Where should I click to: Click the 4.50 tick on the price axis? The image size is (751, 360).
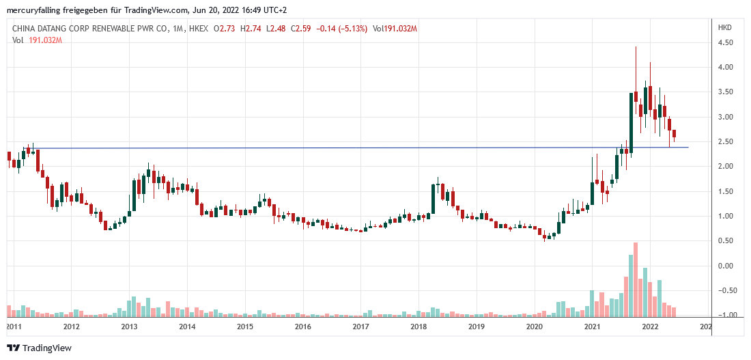(x=725, y=42)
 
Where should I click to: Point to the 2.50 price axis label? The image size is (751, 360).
(x=725, y=141)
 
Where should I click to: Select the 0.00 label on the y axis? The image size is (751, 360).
(x=725, y=266)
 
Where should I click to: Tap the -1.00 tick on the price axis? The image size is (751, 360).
(x=725, y=315)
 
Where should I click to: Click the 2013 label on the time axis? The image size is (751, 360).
(x=129, y=327)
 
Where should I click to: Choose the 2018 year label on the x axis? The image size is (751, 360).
(x=419, y=327)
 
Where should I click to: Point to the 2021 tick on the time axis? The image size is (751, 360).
(x=592, y=327)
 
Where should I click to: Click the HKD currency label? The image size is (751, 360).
(x=724, y=28)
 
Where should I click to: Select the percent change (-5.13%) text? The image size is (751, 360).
(x=350, y=28)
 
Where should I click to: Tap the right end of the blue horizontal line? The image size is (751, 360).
(x=688, y=147)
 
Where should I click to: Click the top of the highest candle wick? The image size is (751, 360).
(x=636, y=47)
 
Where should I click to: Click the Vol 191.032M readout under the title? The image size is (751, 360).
(x=38, y=40)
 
